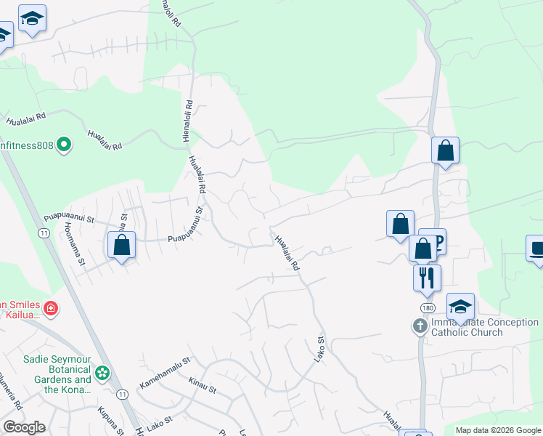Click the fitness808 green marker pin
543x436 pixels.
64,145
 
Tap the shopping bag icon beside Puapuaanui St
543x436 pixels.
121,244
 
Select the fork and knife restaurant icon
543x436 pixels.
427,278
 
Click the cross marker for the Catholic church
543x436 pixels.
420,326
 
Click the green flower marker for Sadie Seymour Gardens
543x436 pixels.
103,374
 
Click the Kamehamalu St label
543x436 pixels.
165,366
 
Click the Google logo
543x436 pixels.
23,427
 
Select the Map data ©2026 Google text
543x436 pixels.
498,430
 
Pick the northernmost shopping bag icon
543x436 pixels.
445,151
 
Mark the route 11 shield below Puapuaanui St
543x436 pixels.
44,233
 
